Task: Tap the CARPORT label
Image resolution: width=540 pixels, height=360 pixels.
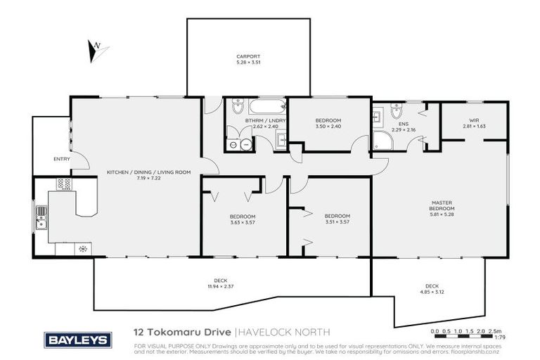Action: tap(247, 56)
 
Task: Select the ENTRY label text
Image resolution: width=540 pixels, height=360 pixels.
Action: tap(62, 159)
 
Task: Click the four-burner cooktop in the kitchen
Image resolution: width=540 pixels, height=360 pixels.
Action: tap(65, 184)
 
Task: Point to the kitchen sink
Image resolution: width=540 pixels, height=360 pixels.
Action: tap(41, 217)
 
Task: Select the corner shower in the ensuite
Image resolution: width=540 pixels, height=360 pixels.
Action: tap(383, 141)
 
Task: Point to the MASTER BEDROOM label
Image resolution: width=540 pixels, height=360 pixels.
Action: tap(443, 205)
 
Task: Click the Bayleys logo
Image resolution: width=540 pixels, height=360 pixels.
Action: tap(77, 340)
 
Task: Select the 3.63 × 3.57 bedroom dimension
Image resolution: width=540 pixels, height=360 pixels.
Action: tap(242, 222)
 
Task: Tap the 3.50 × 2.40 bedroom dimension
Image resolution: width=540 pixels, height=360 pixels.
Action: tap(328, 127)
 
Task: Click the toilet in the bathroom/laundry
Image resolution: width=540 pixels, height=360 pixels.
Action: tap(237, 110)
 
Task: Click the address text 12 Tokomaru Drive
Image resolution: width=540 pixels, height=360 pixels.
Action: tap(181, 331)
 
